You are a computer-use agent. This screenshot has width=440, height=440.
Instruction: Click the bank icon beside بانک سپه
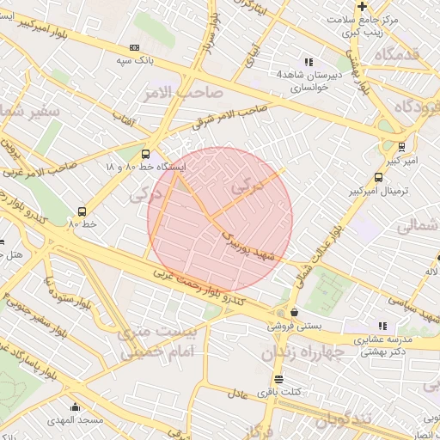(133, 47)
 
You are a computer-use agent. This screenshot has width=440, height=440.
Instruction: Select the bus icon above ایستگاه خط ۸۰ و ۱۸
(144, 153)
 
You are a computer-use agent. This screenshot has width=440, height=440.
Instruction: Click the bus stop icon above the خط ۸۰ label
(82, 211)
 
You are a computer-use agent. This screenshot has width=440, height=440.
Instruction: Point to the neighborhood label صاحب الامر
(184, 91)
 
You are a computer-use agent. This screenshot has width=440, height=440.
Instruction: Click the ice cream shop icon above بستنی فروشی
(295, 313)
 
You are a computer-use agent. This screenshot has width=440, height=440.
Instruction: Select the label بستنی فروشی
(293, 327)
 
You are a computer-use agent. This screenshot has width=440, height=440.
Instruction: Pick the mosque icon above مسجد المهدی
(76, 406)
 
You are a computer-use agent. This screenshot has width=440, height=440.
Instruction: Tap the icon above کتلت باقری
(278, 379)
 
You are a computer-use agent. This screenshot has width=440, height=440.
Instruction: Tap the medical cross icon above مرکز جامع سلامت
(363, 6)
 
